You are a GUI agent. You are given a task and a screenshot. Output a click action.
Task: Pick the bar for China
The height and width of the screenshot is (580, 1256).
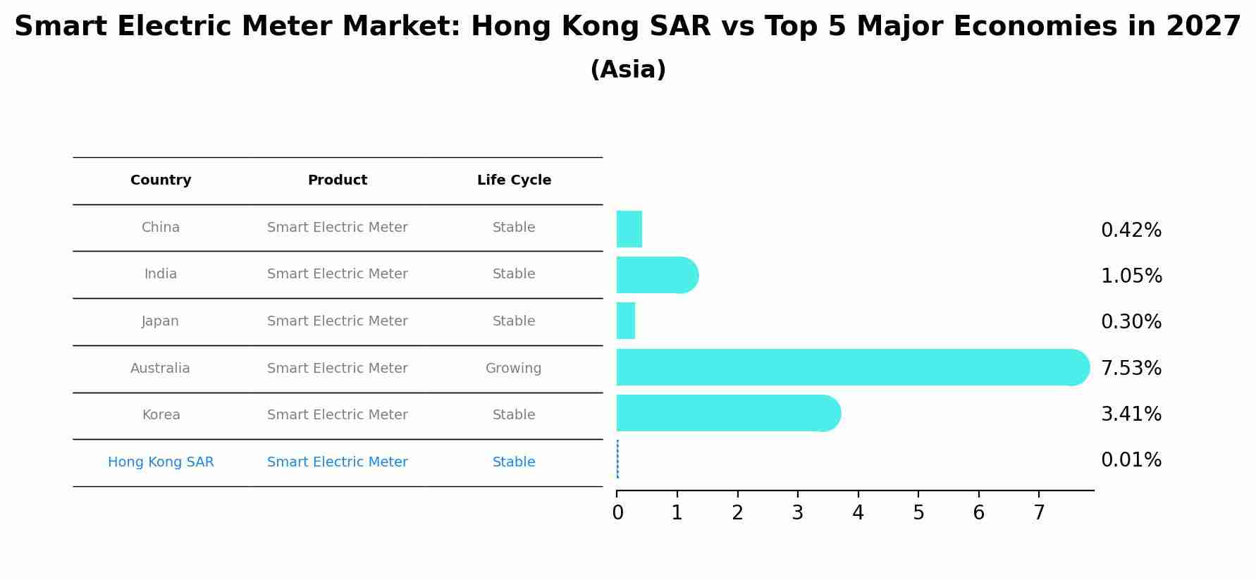click(x=629, y=229)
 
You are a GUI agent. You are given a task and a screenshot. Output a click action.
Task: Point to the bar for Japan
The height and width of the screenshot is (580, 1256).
click(x=626, y=321)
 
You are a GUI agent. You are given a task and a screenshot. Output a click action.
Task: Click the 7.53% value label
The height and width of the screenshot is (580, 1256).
click(x=1131, y=368)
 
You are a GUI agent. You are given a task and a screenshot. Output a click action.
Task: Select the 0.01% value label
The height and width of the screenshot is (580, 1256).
click(x=1131, y=460)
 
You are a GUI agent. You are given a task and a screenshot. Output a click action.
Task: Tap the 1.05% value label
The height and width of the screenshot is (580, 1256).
click(x=1131, y=276)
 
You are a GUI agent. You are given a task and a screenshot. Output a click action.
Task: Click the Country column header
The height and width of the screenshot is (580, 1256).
click(x=161, y=180)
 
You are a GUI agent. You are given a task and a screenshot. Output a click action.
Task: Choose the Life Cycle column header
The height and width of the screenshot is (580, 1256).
click(x=514, y=180)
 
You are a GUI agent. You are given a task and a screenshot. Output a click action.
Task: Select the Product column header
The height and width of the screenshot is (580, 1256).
click(x=337, y=180)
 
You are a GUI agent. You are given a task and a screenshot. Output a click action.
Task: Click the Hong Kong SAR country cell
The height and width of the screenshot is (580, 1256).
click(x=161, y=462)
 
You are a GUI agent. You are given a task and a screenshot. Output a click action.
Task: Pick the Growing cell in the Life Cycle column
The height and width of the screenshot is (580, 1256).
click(x=513, y=369)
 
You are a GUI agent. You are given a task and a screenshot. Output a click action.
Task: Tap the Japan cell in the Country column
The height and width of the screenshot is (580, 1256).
click(x=160, y=321)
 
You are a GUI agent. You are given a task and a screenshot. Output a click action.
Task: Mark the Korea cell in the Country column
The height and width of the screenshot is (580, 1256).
click(x=161, y=415)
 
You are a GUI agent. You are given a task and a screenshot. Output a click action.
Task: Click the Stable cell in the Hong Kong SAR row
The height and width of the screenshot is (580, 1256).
click(x=513, y=462)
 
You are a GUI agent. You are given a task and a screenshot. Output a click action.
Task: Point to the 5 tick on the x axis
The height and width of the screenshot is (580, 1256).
click(x=918, y=513)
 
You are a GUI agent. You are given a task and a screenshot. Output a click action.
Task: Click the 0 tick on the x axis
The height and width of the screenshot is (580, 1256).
click(x=617, y=513)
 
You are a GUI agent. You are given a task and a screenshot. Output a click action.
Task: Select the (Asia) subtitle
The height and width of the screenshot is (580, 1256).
click(x=627, y=70)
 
